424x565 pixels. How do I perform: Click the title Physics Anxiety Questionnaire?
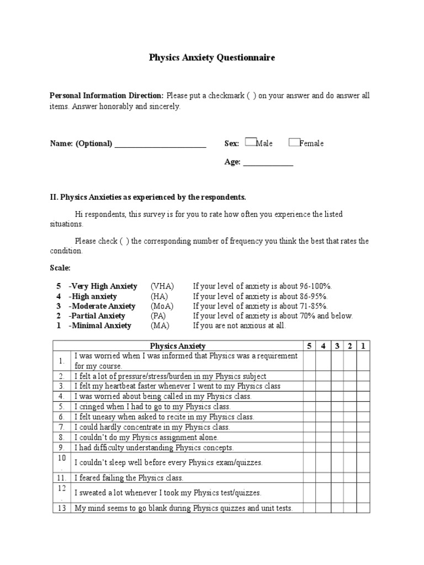212,57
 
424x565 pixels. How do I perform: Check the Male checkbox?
250,142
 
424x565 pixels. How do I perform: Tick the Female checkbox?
294,142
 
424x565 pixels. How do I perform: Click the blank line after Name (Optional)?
160,145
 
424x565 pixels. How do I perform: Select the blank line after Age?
268,163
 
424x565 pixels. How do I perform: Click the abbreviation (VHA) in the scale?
162,286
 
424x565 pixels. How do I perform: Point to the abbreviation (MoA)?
162,306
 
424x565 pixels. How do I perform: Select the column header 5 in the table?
309,346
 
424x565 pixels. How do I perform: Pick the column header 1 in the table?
363,346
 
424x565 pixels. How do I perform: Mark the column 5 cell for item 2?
309,376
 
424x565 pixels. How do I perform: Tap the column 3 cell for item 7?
336,427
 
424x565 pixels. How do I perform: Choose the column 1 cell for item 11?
363,478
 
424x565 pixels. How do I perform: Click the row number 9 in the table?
62,447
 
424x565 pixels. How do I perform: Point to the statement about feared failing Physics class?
129,478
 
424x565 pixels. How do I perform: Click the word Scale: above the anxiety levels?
60,268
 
